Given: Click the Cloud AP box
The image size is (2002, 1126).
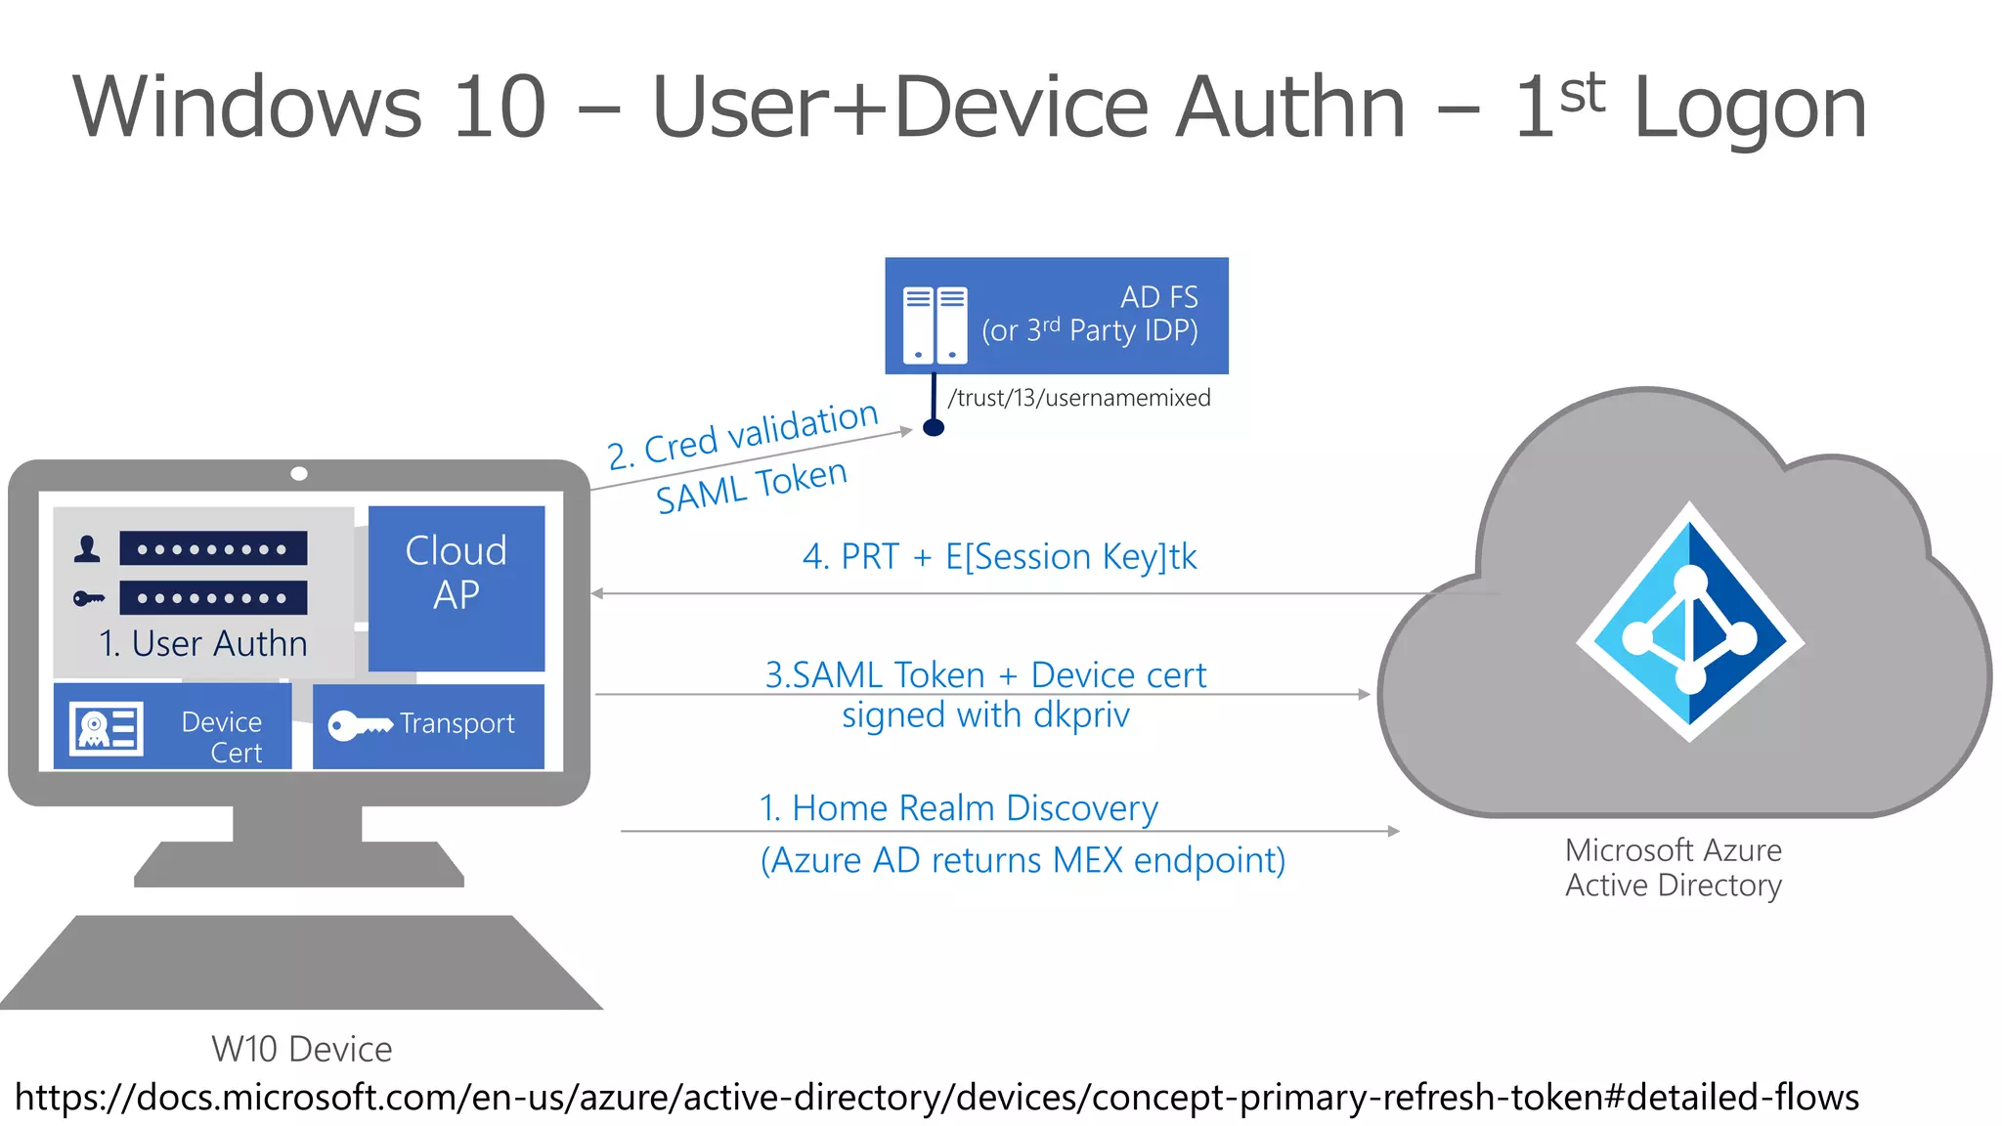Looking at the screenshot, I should coord(456,586).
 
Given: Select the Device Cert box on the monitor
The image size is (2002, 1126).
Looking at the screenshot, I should coord(173,726).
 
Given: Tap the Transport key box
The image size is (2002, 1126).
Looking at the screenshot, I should coord(428,725).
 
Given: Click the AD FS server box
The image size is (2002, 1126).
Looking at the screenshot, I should coord(1056,315).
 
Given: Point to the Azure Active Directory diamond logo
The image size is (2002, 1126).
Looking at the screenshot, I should coord(1689,623).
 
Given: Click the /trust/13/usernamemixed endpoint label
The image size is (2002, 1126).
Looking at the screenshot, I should coord(1078,398).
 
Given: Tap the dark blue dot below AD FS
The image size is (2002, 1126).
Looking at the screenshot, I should coord(934,427).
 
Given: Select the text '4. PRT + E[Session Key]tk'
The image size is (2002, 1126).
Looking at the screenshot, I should coord(999,556).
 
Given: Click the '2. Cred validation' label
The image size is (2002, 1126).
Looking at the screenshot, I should coord(743,435).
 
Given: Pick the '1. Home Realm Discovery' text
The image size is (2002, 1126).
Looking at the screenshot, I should coord(958,808).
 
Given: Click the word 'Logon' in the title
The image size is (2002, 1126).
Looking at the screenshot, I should coord(1750,108).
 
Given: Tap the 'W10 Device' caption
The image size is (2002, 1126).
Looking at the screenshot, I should coord(301,1049).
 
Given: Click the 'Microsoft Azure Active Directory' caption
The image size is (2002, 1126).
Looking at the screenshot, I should coord(1673,867).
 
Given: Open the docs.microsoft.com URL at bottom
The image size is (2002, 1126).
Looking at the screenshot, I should coord(936,1097).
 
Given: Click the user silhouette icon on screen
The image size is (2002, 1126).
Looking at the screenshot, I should coord(87,548).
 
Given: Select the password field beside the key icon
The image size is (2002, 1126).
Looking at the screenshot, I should coord(213,597).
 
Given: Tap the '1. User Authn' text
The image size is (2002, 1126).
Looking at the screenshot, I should coord(203,643).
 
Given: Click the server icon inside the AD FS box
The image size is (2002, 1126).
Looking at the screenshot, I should coord(935,325).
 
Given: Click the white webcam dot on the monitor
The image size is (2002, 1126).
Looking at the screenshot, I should coord(299,474).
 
